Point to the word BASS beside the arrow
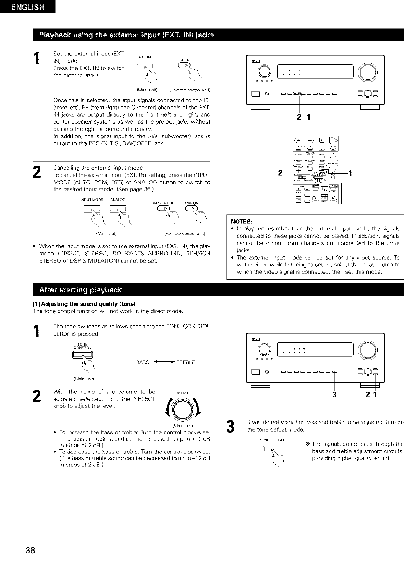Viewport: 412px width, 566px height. (143, 362)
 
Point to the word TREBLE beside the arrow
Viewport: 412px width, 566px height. (186, 362)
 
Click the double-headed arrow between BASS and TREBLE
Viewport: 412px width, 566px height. (164, 362)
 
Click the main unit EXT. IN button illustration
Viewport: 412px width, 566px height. (144, 66)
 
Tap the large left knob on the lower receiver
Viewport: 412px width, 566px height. (265, 350)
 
